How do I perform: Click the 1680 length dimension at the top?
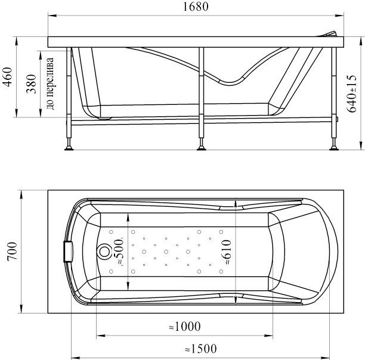coord(196,7)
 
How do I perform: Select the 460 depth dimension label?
coord(7,77)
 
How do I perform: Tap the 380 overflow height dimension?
coord(32,83)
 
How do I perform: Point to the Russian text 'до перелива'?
coord(51,83)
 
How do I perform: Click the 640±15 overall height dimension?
coord(351,94)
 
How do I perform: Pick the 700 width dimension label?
coord(12,252)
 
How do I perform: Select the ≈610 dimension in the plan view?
coord(226,252)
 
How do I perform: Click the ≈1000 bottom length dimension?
coord(185,326)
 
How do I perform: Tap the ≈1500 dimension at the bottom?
coord(201,349)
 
